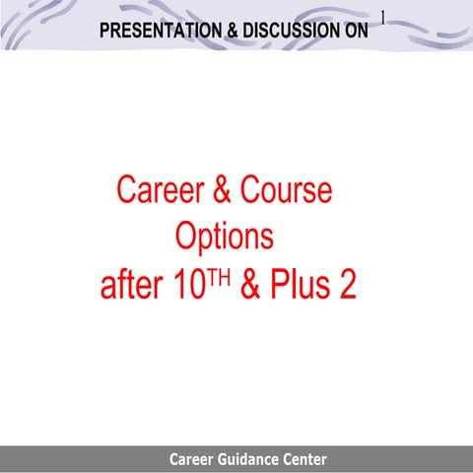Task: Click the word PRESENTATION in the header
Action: (159, 31)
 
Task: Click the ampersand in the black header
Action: (232, 31)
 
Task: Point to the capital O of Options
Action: (186, 236)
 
